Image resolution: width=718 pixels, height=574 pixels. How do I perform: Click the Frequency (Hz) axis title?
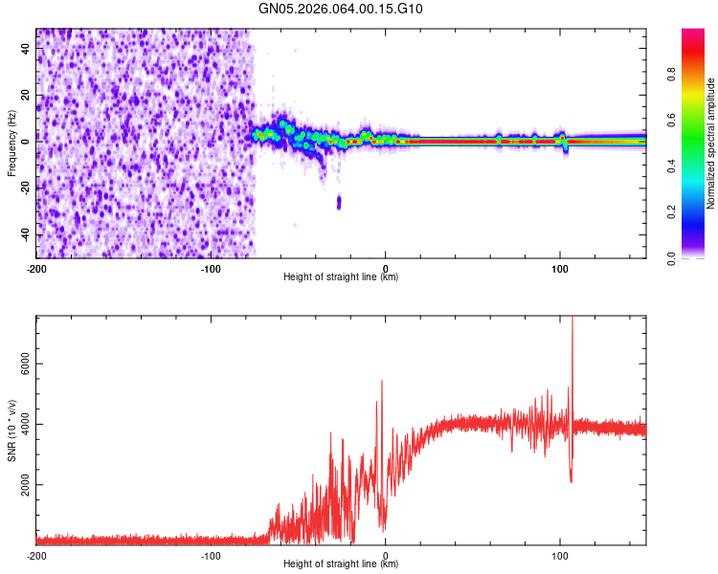[x=11, y=143]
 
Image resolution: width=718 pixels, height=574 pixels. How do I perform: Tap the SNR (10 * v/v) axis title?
[x=11, y=430]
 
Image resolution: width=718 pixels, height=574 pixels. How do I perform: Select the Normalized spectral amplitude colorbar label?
[x=710, y=143]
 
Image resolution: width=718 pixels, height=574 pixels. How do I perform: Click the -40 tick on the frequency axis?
[x=24, y=234]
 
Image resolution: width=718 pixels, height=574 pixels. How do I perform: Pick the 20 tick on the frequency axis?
[x=26, y=95]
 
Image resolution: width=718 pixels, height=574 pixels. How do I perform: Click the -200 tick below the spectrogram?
[x=36, y=267]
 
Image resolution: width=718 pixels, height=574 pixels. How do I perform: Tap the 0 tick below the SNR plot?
[x=386, y=555]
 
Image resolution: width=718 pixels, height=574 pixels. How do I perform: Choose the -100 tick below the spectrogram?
[x=212, y=267]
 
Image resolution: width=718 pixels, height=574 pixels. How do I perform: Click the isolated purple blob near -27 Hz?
[x=339, y=202]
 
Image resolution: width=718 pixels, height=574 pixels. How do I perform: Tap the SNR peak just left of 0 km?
[x=382, y=382]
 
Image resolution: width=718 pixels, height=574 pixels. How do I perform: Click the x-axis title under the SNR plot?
[x=341, y=565]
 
